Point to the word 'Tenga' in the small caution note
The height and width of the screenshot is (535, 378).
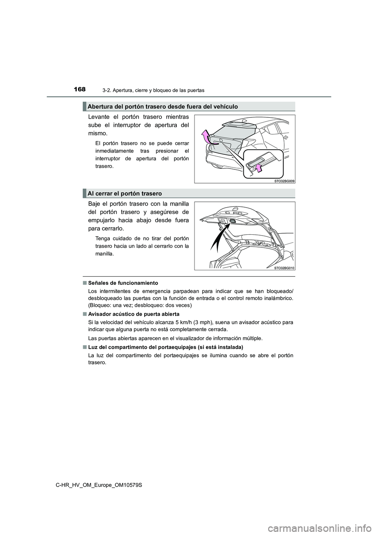(x=103, y=238)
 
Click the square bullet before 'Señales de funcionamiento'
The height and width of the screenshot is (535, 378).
(x=85, y=283)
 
